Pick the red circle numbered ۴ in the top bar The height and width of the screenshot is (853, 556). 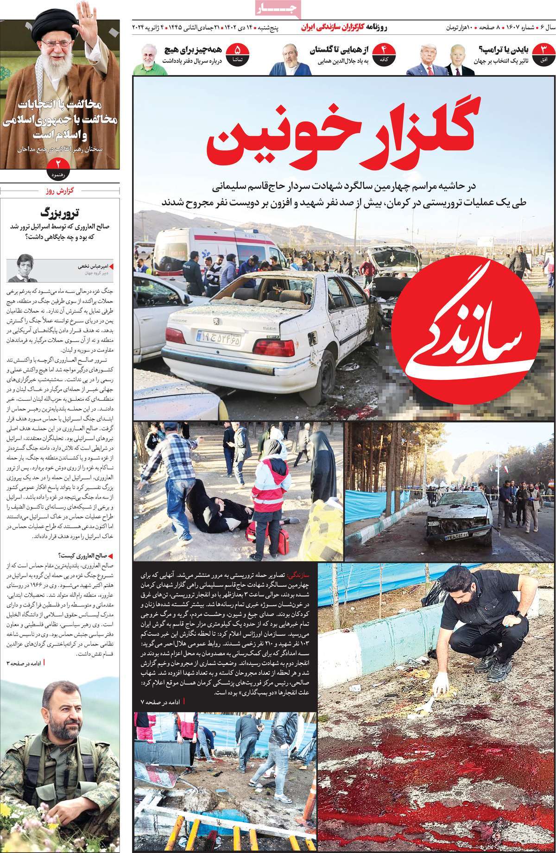pyautogui.click(x=383, y=52)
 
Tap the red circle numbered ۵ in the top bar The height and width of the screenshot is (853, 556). pyautogui.click(x=238, y=52)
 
